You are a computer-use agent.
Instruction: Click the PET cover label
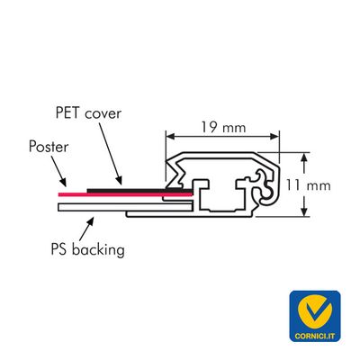[88, 113]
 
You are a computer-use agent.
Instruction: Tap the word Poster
[49, 147]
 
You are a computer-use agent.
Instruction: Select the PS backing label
[87, 249]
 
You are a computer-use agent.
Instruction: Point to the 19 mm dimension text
[223, 127]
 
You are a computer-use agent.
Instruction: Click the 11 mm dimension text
[308, 185]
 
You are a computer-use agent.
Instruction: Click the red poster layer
[125, 194]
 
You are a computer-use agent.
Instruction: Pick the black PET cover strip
[139, 191]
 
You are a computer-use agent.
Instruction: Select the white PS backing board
[125, 207]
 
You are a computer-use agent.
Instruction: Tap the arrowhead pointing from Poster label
[63, 182]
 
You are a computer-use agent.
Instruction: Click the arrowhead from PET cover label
[119, 180]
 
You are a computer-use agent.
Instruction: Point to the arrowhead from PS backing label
[90, 220]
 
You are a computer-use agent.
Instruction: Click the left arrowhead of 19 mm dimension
[170, 137]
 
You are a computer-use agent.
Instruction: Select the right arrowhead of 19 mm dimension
[274, 137]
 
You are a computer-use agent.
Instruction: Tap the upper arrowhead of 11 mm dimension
[305, 157]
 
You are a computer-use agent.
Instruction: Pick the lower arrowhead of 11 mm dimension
[305, 211]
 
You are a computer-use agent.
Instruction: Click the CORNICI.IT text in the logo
[315, 336]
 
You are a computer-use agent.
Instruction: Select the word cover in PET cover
[103, 114]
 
